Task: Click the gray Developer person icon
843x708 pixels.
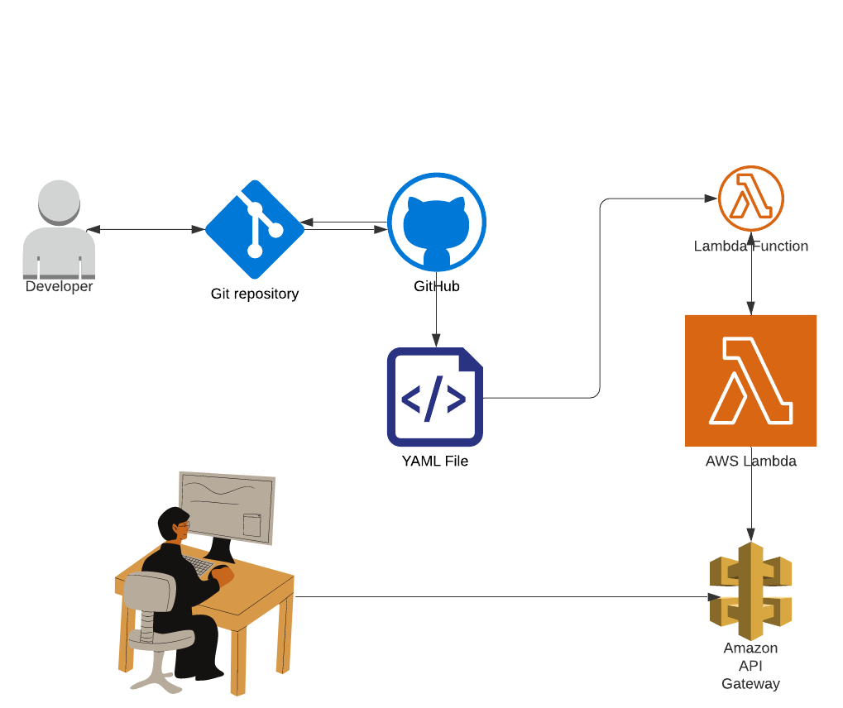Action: pyautogui.click(x=59, y=230)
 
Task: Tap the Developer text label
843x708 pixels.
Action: pyautogui.click(x=59, y=287)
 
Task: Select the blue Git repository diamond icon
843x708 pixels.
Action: pyautogui.click(x=255, y=230)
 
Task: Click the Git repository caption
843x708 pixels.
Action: pyautogui.click(x=255, y=294)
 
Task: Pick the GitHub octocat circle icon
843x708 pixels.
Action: pyautogui.click(x=437, y=222)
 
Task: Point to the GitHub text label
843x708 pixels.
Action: pyautogui.click(x=437, y=287)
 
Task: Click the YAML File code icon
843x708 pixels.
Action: pyautogui.click(x=435, y=397)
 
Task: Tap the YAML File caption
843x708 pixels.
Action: pyautogui.click(x=435, y=462)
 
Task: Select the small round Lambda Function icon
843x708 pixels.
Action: pyautogui.click(x=751, y=199)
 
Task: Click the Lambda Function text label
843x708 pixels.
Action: pyautogui.click(x=751, y=246)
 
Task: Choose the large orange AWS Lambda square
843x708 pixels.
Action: pyautogui.click(x=751, y=380)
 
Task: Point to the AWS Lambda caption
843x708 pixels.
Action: pyautogui.click(x=751, y=462)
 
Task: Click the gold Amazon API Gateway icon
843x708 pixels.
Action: pyautogui.click(x=751, y=591)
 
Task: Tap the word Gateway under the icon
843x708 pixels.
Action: pyautogui.click(x=751, y=684)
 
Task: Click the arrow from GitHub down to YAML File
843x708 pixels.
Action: pyautogui.click(x=437, y=318)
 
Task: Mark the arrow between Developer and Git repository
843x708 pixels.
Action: pyautogui.click(x=146, y=230)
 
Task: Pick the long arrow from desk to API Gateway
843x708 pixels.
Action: pyautogui.click(x=496, y=596)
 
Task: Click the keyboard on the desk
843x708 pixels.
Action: pyautogui.click(x=199, y=566)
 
